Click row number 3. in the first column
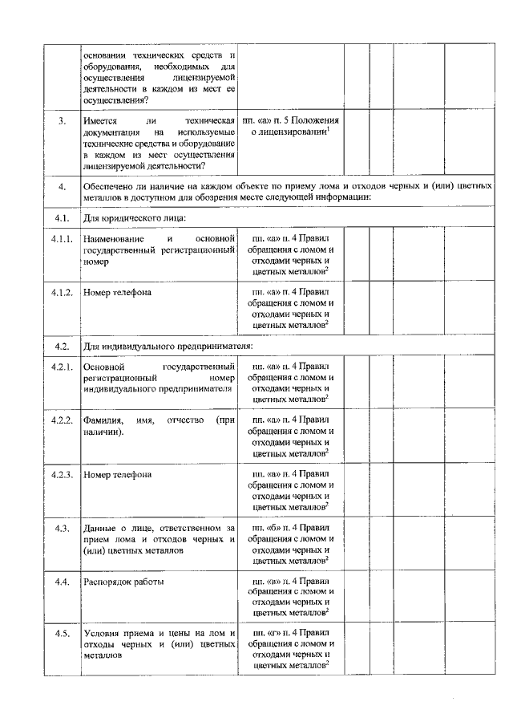pos(62,120)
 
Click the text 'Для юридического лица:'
pos(135,217)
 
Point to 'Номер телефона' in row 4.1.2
pos(117,292)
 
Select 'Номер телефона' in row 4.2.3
pos(117,474)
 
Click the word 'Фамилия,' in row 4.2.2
pos(103,420)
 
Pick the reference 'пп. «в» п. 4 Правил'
pos(291,581)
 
